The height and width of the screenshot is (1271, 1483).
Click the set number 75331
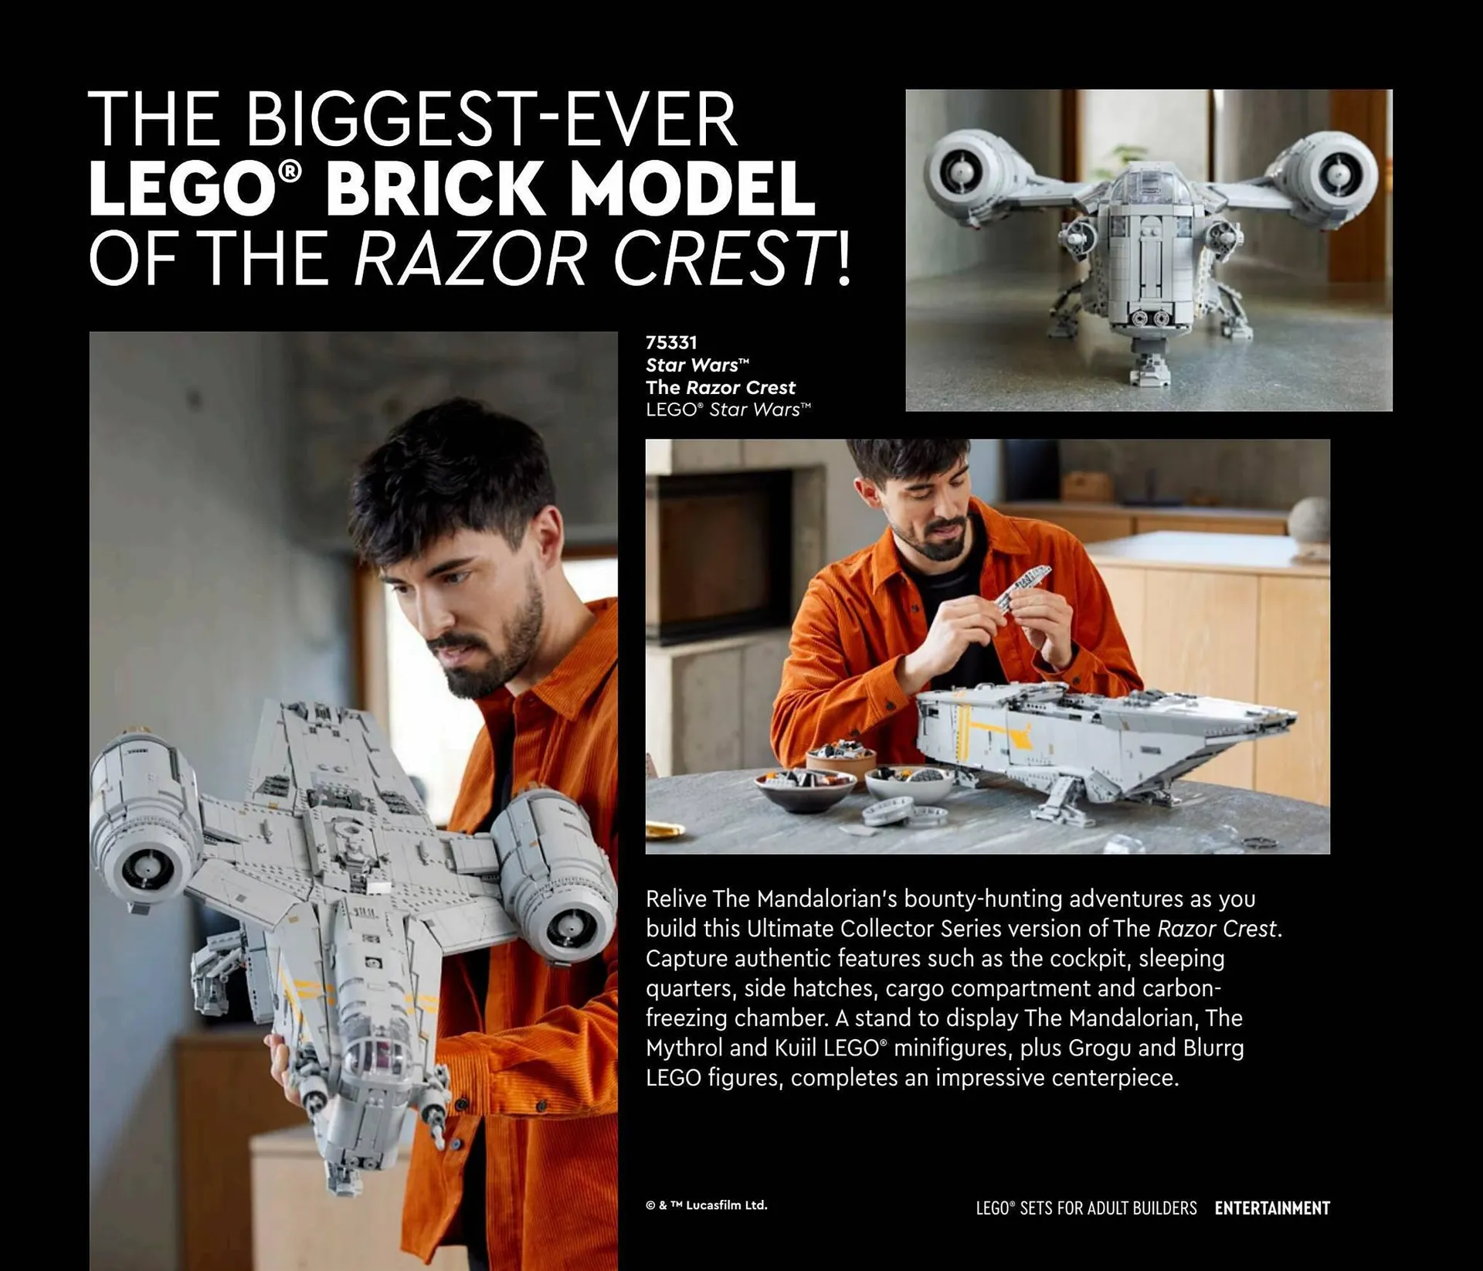tap(671, 342)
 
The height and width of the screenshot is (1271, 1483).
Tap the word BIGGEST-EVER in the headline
tap(492, 120)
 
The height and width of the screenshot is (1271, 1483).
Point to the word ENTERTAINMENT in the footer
tap(1272, 1208)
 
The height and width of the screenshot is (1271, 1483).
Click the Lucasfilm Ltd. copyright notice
tap(707, 1205)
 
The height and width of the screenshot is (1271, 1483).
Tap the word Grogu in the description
tap(1101, 1048)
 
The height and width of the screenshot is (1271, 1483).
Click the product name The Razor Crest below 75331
tap(720, 387)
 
